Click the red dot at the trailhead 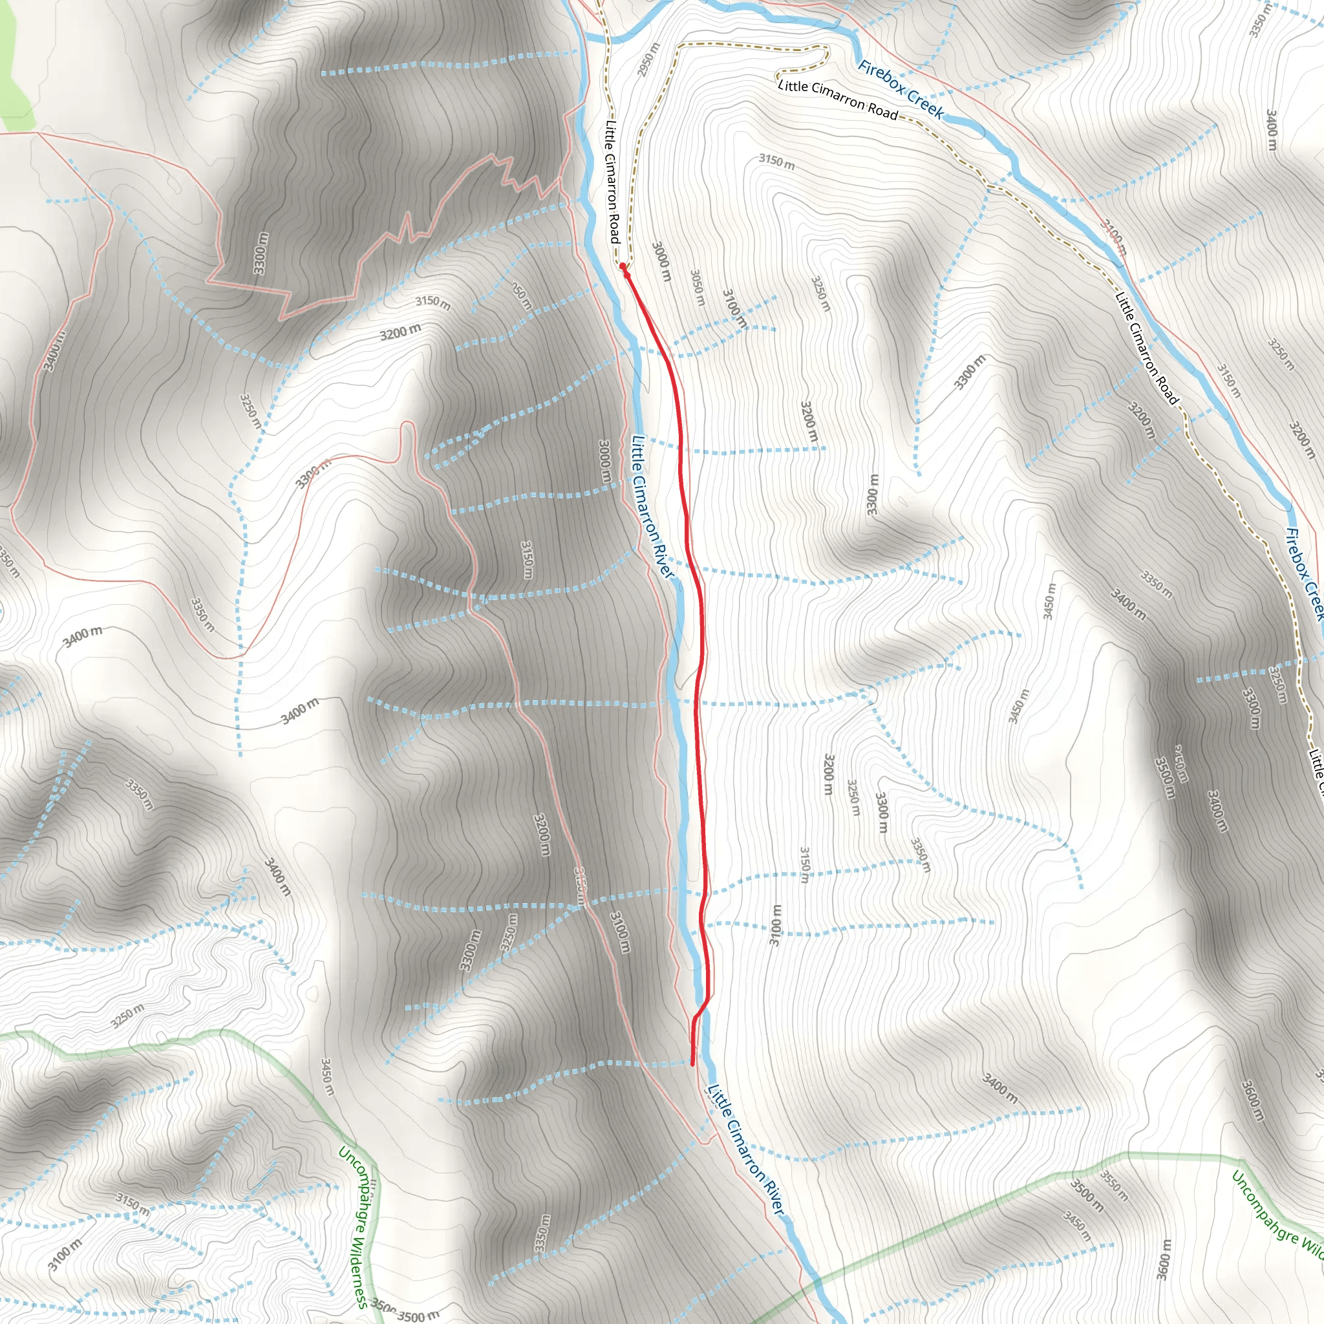click(x=623, y=266)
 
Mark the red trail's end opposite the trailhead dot click(x=693, y=1065)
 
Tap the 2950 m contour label click(x=648, y=59)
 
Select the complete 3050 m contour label click(x=698, y=287)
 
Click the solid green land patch click(x=14, y=69)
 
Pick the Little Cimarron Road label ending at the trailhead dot click(x=613, y=181)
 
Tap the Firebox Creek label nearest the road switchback click(x=901, y=90)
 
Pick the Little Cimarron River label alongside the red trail click(x=653, y=507)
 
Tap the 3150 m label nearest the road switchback click(x=776, y=162)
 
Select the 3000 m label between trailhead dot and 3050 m click(x=661, y=261)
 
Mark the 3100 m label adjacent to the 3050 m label click(x=734, y=307)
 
